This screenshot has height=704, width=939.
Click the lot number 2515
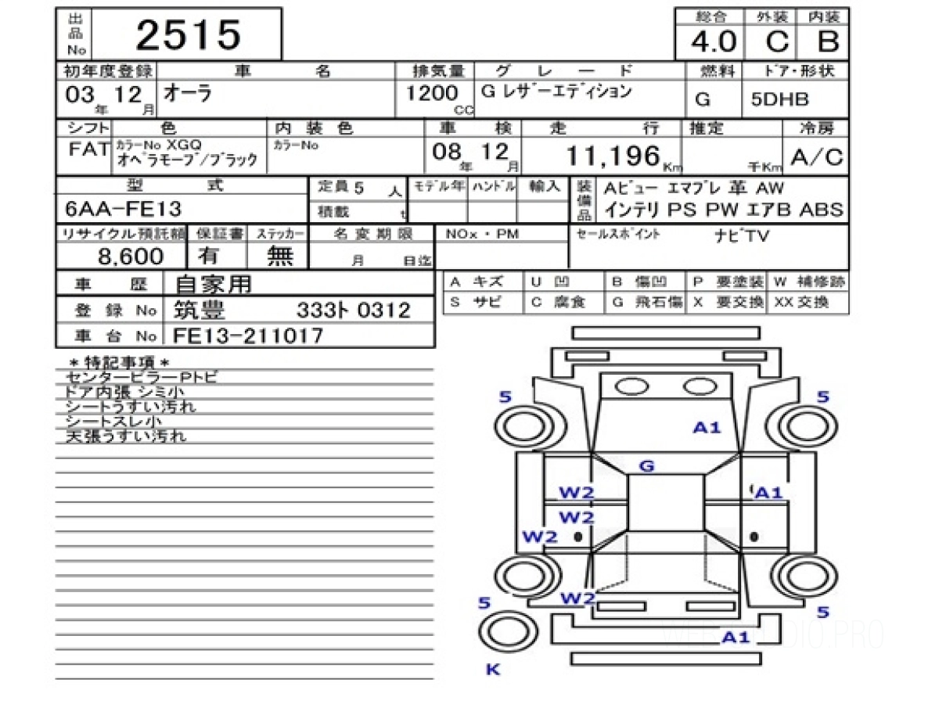[x=189, y=35]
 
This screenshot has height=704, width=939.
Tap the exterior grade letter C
[x=777, y=40]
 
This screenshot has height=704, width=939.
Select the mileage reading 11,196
[x=613, y=156]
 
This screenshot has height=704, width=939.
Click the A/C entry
[x=816, y=158]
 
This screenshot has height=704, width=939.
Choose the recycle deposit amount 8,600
[x=131, y=256]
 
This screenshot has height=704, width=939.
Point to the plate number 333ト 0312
[x=353, y=311]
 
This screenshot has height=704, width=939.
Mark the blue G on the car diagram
[x=646, y=467]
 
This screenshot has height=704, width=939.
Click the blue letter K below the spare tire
[x=493, y=670]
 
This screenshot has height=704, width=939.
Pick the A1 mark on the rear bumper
[x=736, y=637]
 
